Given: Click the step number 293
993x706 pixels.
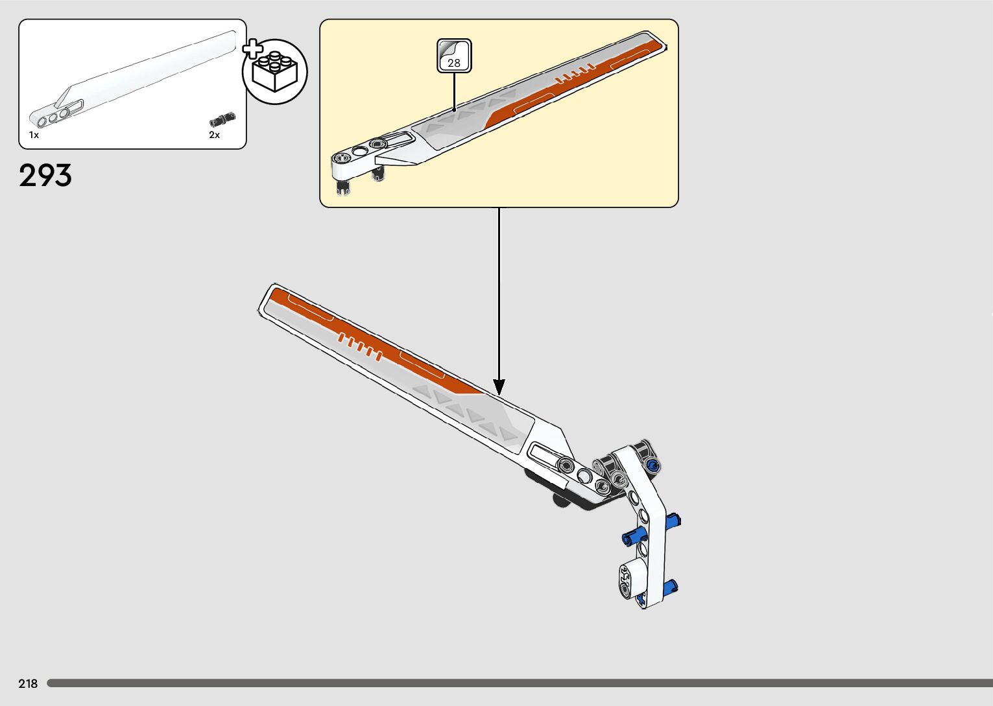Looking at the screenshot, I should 45,176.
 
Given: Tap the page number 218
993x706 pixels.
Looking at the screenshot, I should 28,683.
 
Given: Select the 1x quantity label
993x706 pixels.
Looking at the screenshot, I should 34,135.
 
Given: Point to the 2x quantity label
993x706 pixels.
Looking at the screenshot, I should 214,135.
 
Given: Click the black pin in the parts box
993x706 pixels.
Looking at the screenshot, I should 222,119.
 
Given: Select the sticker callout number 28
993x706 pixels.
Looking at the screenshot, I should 454,62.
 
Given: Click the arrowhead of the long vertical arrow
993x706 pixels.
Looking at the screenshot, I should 499,387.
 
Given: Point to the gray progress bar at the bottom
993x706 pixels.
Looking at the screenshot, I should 519,683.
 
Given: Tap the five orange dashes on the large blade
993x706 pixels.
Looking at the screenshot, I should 359,347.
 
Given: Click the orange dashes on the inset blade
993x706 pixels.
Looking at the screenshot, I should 575,75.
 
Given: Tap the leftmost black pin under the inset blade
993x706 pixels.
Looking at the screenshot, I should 342,187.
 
